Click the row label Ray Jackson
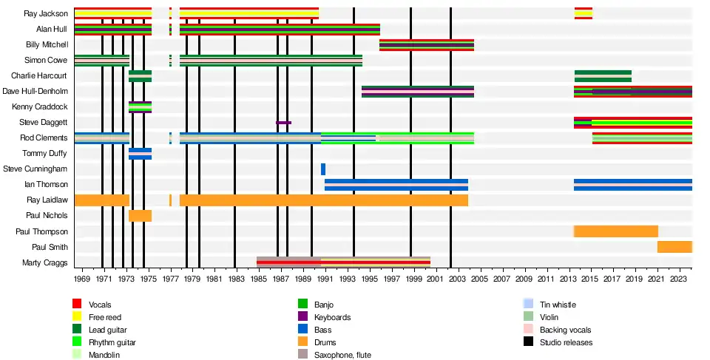pos(46,13)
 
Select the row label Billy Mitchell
pos(47,44)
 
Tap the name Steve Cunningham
pos(35,169)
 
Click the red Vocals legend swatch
pos(77,305)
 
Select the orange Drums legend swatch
pos(302,342)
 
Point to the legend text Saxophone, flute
pos(342,355)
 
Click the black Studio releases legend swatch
pos(528,342)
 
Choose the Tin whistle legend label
pos(558,305)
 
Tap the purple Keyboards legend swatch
pos(302,317)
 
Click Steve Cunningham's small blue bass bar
pos(323,169)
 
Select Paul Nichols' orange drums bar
pos(140,216)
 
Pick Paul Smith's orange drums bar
pos(674,247)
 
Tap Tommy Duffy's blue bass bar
pos(140,153)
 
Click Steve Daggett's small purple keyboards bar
pos(283,123)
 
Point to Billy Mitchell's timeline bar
pos(427,44)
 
